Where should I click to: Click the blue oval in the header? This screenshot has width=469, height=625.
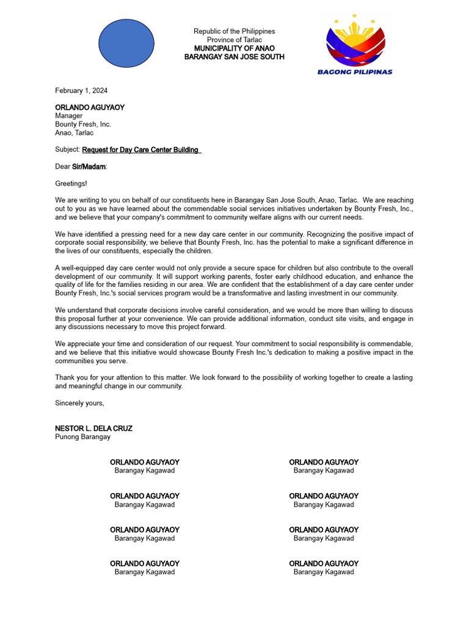tap(126, 43)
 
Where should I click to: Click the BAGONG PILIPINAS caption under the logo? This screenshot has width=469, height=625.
tap(354, 71)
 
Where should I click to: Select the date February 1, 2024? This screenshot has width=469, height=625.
tap(81, 91)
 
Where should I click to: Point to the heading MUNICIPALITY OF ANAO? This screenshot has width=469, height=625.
tap(234, 48)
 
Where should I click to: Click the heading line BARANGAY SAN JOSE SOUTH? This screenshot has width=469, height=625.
tap(234, 57)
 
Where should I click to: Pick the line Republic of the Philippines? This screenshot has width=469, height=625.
tap(234, 31)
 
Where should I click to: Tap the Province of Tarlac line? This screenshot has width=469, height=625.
tap(234, 40)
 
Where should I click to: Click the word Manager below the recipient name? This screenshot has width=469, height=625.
tap(68, 116)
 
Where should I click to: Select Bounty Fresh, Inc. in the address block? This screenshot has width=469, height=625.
tap(83, 125)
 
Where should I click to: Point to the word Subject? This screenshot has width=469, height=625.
tap(67, 150)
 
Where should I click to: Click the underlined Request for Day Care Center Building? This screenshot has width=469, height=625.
tap(140, 150)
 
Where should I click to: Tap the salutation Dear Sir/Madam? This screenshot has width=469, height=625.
tap(81, 167)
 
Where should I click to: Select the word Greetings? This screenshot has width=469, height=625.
tap(71, 183)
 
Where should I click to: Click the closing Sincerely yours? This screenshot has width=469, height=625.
tap(79, 403)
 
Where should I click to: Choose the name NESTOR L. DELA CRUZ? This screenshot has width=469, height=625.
tap(93, 428)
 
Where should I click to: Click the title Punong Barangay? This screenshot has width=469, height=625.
tap(82, 437)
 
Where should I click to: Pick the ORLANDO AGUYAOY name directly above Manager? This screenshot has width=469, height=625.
tap(90, 107)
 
